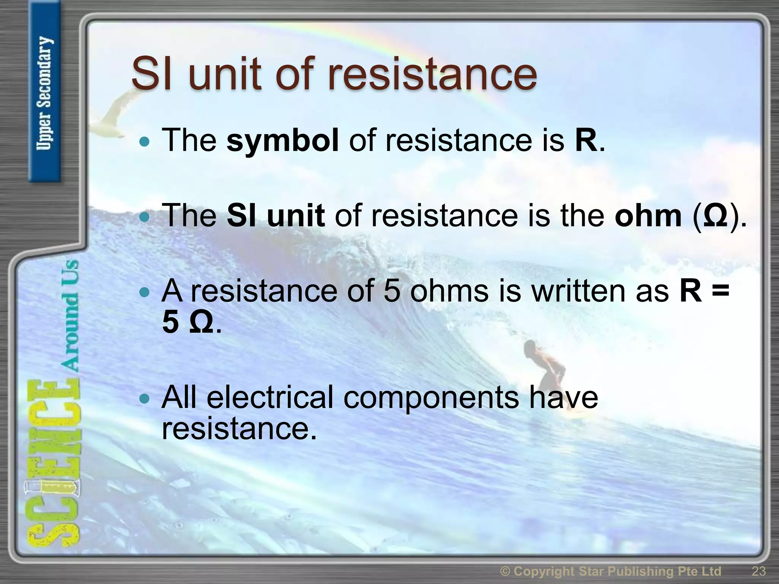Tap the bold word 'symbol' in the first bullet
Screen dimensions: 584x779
(282, 140)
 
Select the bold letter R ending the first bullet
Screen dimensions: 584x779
(586, 140)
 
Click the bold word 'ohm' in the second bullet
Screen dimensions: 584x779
(648, 216)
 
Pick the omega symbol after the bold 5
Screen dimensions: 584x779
(201, 322)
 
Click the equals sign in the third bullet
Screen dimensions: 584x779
(720, 291)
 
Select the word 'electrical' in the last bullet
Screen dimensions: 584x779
(270, 397)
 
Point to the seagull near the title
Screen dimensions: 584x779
(114, 114)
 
